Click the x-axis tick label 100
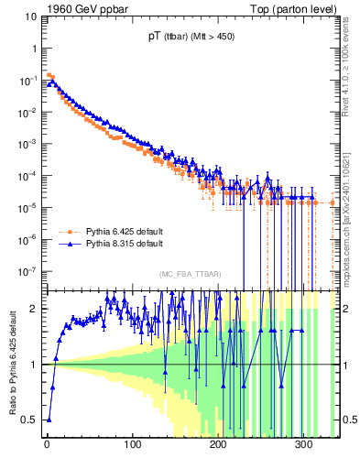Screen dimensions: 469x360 click(132, 446)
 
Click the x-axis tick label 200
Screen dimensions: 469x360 click(218, 446)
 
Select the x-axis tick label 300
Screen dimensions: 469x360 click(303, 446)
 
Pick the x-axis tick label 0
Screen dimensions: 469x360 click(47, 446)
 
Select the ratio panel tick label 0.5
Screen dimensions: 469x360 click(31, 420)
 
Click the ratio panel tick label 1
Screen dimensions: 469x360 click(35, 365)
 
